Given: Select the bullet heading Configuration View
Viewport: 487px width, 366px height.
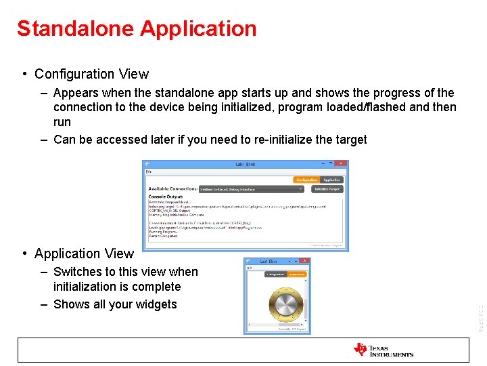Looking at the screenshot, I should pyautogui.click(x=91, y=74).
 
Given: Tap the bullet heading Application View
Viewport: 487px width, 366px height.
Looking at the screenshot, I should pyautogui.click(x=84, y=253).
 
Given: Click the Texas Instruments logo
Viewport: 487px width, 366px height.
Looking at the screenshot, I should pyautogui.click(x=383, y=350).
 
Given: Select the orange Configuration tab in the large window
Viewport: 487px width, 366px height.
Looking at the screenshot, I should pyautogui.click(x=306, y=180).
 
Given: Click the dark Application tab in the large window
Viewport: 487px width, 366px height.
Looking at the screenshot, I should pyautogui.click(x=331, y=180).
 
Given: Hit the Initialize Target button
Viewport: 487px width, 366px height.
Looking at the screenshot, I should pyautogui.click(x=327, y=189).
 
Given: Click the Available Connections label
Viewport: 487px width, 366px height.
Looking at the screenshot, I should pyautogui.click(x=172, y=189).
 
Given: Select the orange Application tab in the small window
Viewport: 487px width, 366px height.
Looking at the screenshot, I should pyautogui.click(x=296, y=274).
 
